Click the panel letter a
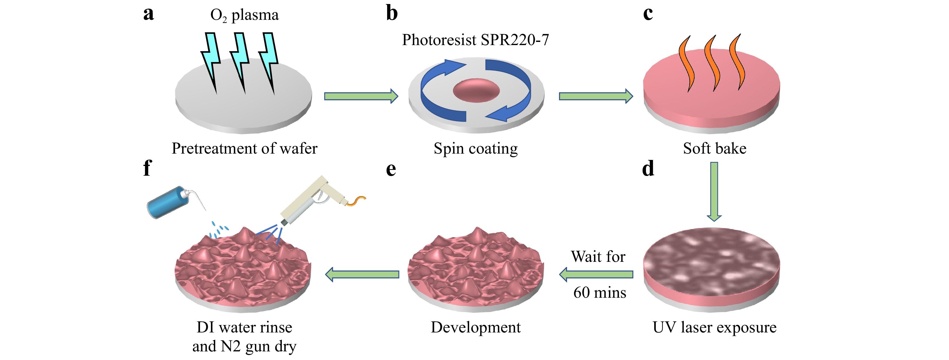(148, 14)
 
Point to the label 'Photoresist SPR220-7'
(475, 40)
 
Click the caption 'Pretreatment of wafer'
(244, 148)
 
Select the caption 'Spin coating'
(476, 148)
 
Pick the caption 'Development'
(476, 327)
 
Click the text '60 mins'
(599, 293)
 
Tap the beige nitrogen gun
(313, 199)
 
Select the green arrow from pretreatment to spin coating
(361, 96)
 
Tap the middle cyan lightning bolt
(240, 61)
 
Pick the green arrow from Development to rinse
(362, 274)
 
